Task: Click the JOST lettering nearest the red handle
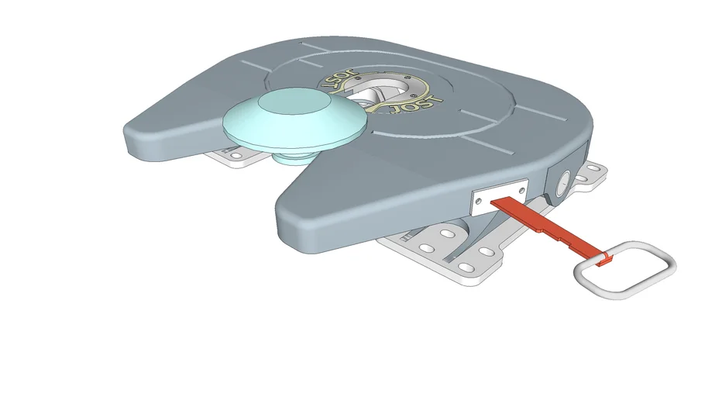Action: [416, 105]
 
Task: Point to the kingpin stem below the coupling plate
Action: [293, 158]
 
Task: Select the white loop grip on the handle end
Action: [625, 270]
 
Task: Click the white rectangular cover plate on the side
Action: [500, 197]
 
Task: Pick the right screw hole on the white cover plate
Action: [521, 191]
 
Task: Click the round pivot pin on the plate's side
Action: [562, 183]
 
